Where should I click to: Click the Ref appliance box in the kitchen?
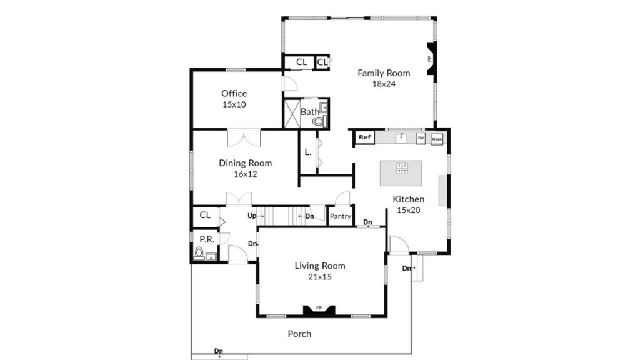(364, 137)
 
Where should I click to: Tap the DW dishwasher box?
(421, 138)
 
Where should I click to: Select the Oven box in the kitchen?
(437, 139)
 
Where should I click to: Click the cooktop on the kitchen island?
(402, 167)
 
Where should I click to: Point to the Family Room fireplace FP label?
(430, 58)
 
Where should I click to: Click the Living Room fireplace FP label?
(319, 307)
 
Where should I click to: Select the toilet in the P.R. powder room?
(199, 254)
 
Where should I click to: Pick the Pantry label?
(341, 216)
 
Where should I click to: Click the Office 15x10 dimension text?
(234, 104)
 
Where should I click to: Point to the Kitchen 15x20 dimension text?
(409, 210)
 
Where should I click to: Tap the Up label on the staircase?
(252, 216)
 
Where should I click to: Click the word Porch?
(299, 334)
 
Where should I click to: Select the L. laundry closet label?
(308, 152)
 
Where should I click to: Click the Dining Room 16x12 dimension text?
(245, 174)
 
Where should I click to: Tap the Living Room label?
(320, 266)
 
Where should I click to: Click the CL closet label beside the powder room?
(205, 215)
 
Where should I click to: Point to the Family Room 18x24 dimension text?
(384, 84)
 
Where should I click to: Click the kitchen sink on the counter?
(402, 137)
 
